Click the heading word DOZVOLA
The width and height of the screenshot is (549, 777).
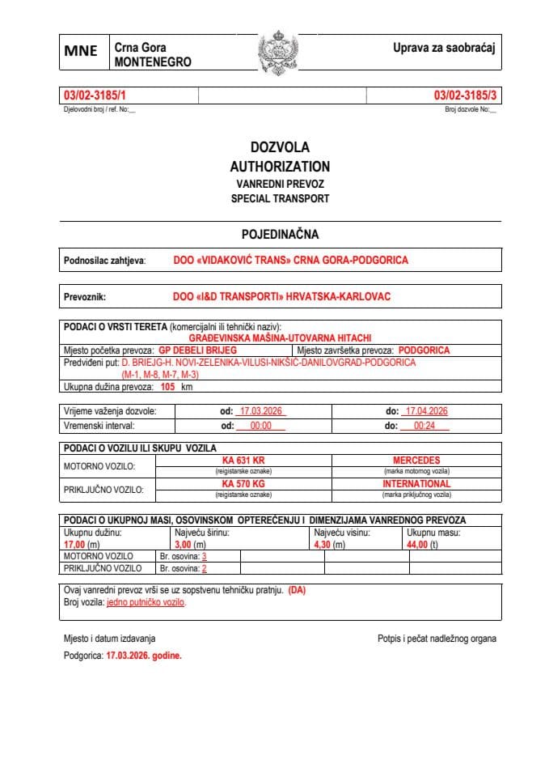[280, 147]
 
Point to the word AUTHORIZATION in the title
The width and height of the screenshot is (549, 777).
[280, 166]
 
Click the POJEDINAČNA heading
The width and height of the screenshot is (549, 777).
[280, 235]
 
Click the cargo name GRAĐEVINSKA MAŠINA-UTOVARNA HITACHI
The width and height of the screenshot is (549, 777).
[280, 337]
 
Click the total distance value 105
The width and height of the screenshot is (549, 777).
[167, 388]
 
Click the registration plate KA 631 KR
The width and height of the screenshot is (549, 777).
[243, 460]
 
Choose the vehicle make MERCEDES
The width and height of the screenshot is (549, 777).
[416, 460]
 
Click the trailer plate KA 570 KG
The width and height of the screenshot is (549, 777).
[243, 483]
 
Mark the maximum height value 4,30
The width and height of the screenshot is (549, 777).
[321, 546]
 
